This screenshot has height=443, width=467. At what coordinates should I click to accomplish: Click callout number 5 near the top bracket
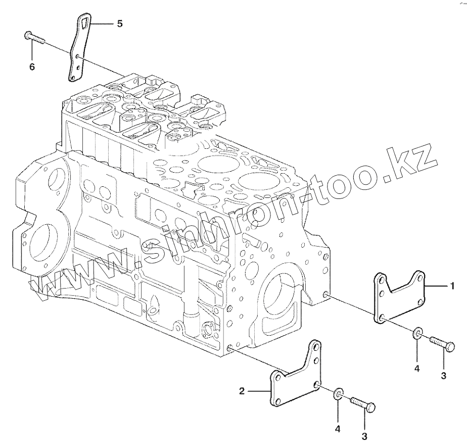click(x=119, y=24)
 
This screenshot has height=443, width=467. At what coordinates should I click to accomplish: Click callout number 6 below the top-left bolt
click(x=32, y=66)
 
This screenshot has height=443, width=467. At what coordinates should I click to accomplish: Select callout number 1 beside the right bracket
click(x=452, y=286)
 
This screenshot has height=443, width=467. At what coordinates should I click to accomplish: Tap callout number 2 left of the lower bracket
click(x=242, y=390)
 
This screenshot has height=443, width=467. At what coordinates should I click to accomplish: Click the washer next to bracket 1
click(x=417, y=333)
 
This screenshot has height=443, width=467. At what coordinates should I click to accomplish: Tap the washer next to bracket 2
click(x=338, y=394)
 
